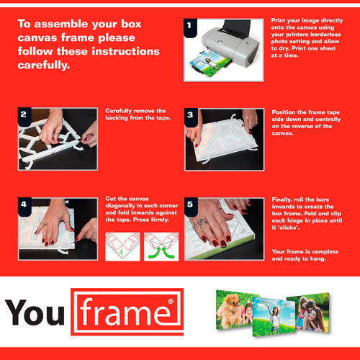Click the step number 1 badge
(x=190, y=28)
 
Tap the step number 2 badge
(x=24, y=117)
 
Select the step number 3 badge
(x=191, y=117)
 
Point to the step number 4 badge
(x=24, y=207)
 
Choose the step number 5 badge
(x=191, y=207)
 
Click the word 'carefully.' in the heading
(x=44, y=66)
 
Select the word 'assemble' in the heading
(x=61, y=24)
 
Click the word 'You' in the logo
(x=35, y=312)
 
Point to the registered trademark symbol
(x=171, y=301)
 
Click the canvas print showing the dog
(x=234, y=310)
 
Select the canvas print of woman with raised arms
(x=274, y=316)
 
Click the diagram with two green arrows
(x=161, y=246)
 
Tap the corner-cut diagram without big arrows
(x=122, y=246)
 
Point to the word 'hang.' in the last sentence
(x=318, y=259)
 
